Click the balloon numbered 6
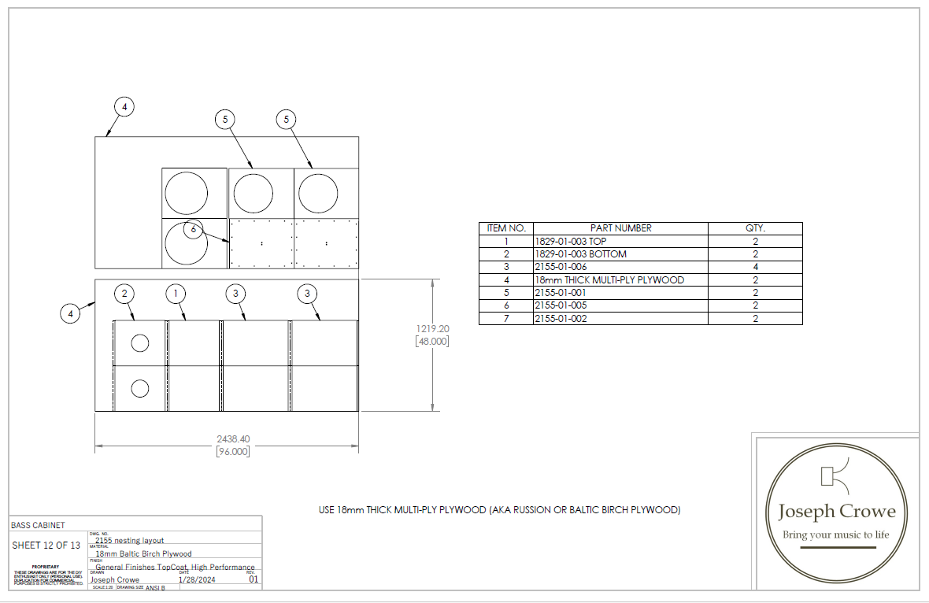(x=194, y=229)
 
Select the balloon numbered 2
(x=124, y=294)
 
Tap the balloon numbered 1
(x=177, y=294)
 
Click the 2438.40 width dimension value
(x=233, y=438)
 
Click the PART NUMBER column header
(x=620, y=228)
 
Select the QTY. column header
(x=755, y=228)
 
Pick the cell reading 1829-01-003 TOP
(x=571, y=242)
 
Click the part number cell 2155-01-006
(x=561, y=267)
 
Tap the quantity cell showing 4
(x=755, y=267)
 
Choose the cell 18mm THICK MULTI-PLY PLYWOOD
(x=609, y=279)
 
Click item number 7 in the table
(x=506, y=318)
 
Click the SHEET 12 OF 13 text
(x=46, y=546)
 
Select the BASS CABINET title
(x=38, y=525)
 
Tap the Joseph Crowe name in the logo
(x=837, y=512)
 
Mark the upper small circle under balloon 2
(x=140, y=342)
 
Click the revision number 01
(x=254, y=580)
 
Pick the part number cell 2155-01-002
(x=561, y=318)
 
